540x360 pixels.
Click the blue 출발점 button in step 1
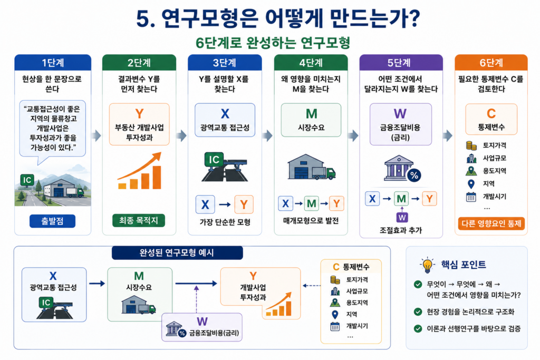[x=52, y=221]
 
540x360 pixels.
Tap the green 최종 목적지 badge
[x=139, y=220]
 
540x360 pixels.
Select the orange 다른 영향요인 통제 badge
[x=491, y=223]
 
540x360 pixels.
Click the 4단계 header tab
[x=311, y=63]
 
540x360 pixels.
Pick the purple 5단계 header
[x=401, y=63]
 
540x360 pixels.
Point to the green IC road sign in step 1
[x=27, y=180]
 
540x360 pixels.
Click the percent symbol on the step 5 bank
[x=414, y=176]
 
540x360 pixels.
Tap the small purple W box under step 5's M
[x=402, y=217]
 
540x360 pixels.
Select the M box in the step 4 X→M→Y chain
[x=311, y=203]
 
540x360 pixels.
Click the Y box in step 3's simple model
[x=244, y=205]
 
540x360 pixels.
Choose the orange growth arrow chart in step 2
[x=140, y=171]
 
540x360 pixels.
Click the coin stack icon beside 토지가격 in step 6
[x=471, y=145]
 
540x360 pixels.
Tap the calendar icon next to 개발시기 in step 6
[x=471, y=197]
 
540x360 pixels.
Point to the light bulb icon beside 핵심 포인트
[x=427, y=265]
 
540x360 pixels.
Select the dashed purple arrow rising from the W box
[x=196, y=299]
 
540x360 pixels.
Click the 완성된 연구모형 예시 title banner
[x=177, y=253]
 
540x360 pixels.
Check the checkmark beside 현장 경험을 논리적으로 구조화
[x=418, y=312]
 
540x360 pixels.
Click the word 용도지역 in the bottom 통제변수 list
[x=357, y=303]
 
